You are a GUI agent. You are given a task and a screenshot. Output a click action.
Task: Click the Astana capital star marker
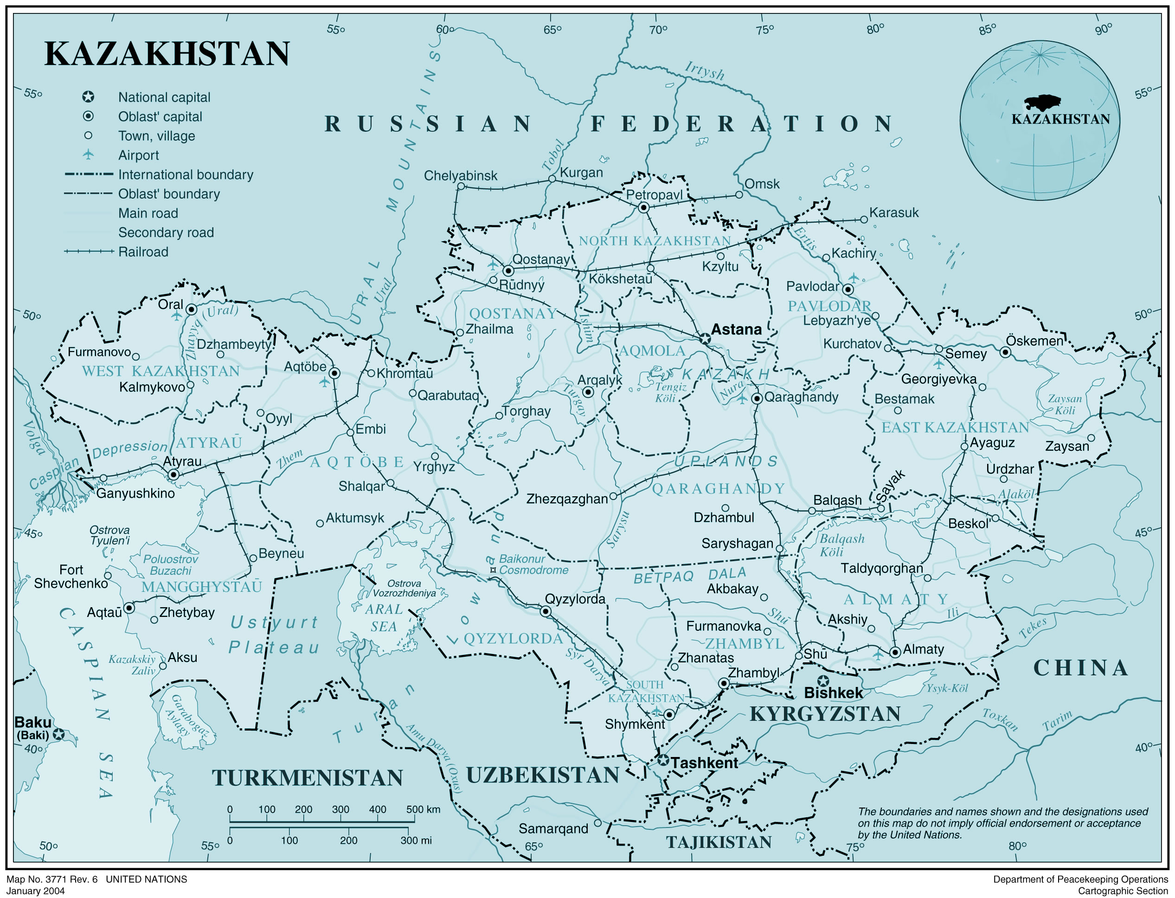[x=705, y=338]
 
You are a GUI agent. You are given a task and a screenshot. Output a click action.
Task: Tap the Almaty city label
[x=923, y=649]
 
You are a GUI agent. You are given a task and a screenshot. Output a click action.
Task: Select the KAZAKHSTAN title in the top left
[x=167, y=54]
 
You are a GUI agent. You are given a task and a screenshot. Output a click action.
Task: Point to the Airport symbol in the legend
[x=88, y=154]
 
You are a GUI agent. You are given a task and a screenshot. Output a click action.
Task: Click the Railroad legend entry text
[x=143, y=252]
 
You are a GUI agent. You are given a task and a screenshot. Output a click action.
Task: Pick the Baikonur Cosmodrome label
[x=533, y=564]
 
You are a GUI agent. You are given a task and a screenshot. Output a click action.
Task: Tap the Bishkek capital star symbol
[x=823, y=680]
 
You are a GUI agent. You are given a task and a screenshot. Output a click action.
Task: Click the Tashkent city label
[x=704, y=763]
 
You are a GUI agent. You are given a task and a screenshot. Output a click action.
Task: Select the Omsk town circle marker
[x=739, y=194]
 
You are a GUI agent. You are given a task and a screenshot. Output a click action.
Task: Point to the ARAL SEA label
[x=384, y=618]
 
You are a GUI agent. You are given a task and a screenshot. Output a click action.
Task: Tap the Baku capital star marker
[x=59, y=734]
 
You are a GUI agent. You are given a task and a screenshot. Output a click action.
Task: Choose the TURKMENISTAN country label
[x=308, y=778]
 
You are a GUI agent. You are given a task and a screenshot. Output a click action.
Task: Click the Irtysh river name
[x=705, y=71]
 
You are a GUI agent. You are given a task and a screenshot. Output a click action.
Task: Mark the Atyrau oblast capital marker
[x=173, y=474]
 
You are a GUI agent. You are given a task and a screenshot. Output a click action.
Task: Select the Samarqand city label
[x=553, y=828]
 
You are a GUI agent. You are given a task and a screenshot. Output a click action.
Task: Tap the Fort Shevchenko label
[x=71, y=576]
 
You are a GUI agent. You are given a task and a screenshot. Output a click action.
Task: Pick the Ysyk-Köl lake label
[x=947, y=688]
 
